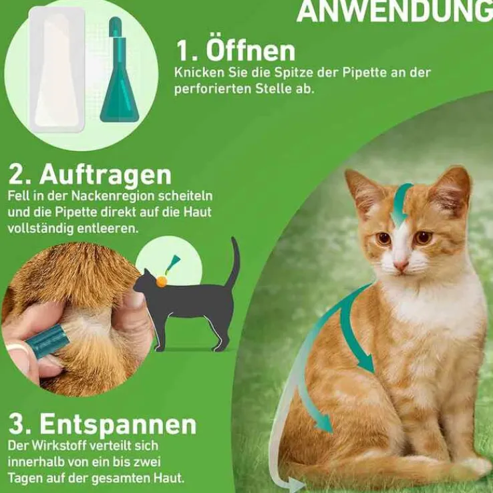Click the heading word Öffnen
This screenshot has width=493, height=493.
tap(251, 50)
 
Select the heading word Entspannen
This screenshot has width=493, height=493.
tap(118, 425)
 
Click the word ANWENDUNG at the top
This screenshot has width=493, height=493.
tap(395, 11)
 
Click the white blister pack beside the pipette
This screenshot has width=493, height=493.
tap(57, 69)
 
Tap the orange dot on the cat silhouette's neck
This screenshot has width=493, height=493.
tap(161, 281)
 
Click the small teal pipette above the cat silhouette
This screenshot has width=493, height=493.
tap(172, 264)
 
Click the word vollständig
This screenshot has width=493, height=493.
tap(40, 228)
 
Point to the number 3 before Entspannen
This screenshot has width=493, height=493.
tap(15, 425)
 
